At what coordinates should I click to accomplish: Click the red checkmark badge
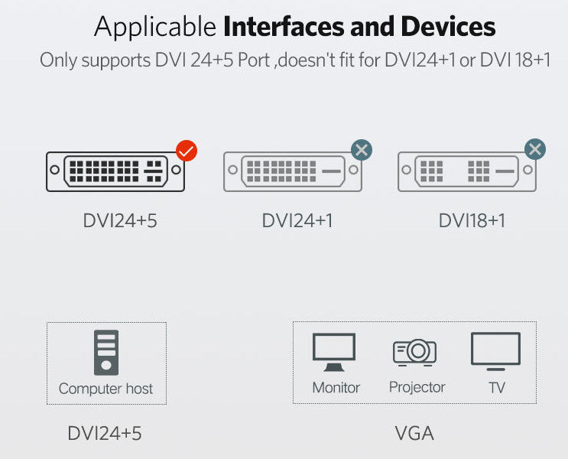point(187,150)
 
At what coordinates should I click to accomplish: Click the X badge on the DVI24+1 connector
point(362,149)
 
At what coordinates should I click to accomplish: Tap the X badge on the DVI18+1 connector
point(535,149)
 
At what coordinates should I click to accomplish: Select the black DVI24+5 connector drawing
point(115,171)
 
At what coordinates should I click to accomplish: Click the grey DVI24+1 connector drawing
point(292,171)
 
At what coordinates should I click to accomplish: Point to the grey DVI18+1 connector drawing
point(466,171)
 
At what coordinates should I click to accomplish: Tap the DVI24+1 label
point(297,220)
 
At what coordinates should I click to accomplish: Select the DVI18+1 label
point(472,220)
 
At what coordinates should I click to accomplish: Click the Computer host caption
point(105,389)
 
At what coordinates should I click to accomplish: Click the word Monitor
point(336,387)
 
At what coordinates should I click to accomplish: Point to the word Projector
point(417,387)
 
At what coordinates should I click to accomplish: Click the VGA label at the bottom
point(414,434)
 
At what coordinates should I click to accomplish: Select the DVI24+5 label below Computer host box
point(105,433)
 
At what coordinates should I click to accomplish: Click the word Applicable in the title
point(155,28)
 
